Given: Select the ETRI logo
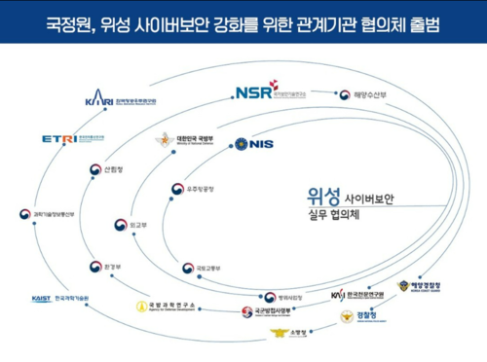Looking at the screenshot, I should pos(58,138).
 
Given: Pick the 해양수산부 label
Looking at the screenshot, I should pos(375,94).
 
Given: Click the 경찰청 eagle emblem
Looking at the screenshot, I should pos(348,315).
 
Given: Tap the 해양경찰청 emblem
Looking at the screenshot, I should pos(403,287).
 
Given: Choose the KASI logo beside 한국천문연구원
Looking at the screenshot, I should pos(338,295).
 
